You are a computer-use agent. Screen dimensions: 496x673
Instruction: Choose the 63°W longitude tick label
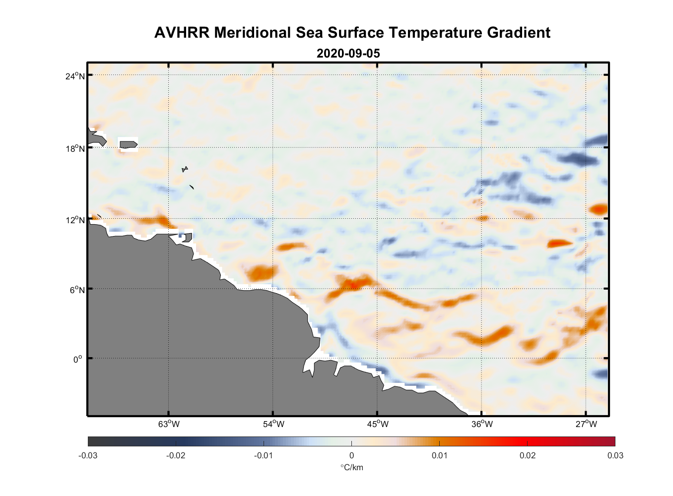169,424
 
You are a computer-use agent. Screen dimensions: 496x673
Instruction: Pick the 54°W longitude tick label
273,424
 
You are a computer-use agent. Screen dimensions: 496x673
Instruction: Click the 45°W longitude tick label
378,424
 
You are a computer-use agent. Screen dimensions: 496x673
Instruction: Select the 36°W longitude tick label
482,424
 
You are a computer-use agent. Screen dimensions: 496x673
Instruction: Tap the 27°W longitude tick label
586,424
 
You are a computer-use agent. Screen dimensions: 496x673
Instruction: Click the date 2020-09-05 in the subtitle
348,53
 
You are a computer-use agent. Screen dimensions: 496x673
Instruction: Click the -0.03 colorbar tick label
88,455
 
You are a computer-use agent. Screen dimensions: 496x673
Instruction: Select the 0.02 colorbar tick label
527,455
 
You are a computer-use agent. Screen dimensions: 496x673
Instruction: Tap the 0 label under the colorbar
351,455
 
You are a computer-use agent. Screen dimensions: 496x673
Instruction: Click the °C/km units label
351,467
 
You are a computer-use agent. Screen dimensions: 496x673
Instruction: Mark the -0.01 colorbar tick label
264,455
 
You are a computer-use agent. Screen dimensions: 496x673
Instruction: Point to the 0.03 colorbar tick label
615,455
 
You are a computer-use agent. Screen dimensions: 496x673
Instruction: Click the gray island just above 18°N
129,144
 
